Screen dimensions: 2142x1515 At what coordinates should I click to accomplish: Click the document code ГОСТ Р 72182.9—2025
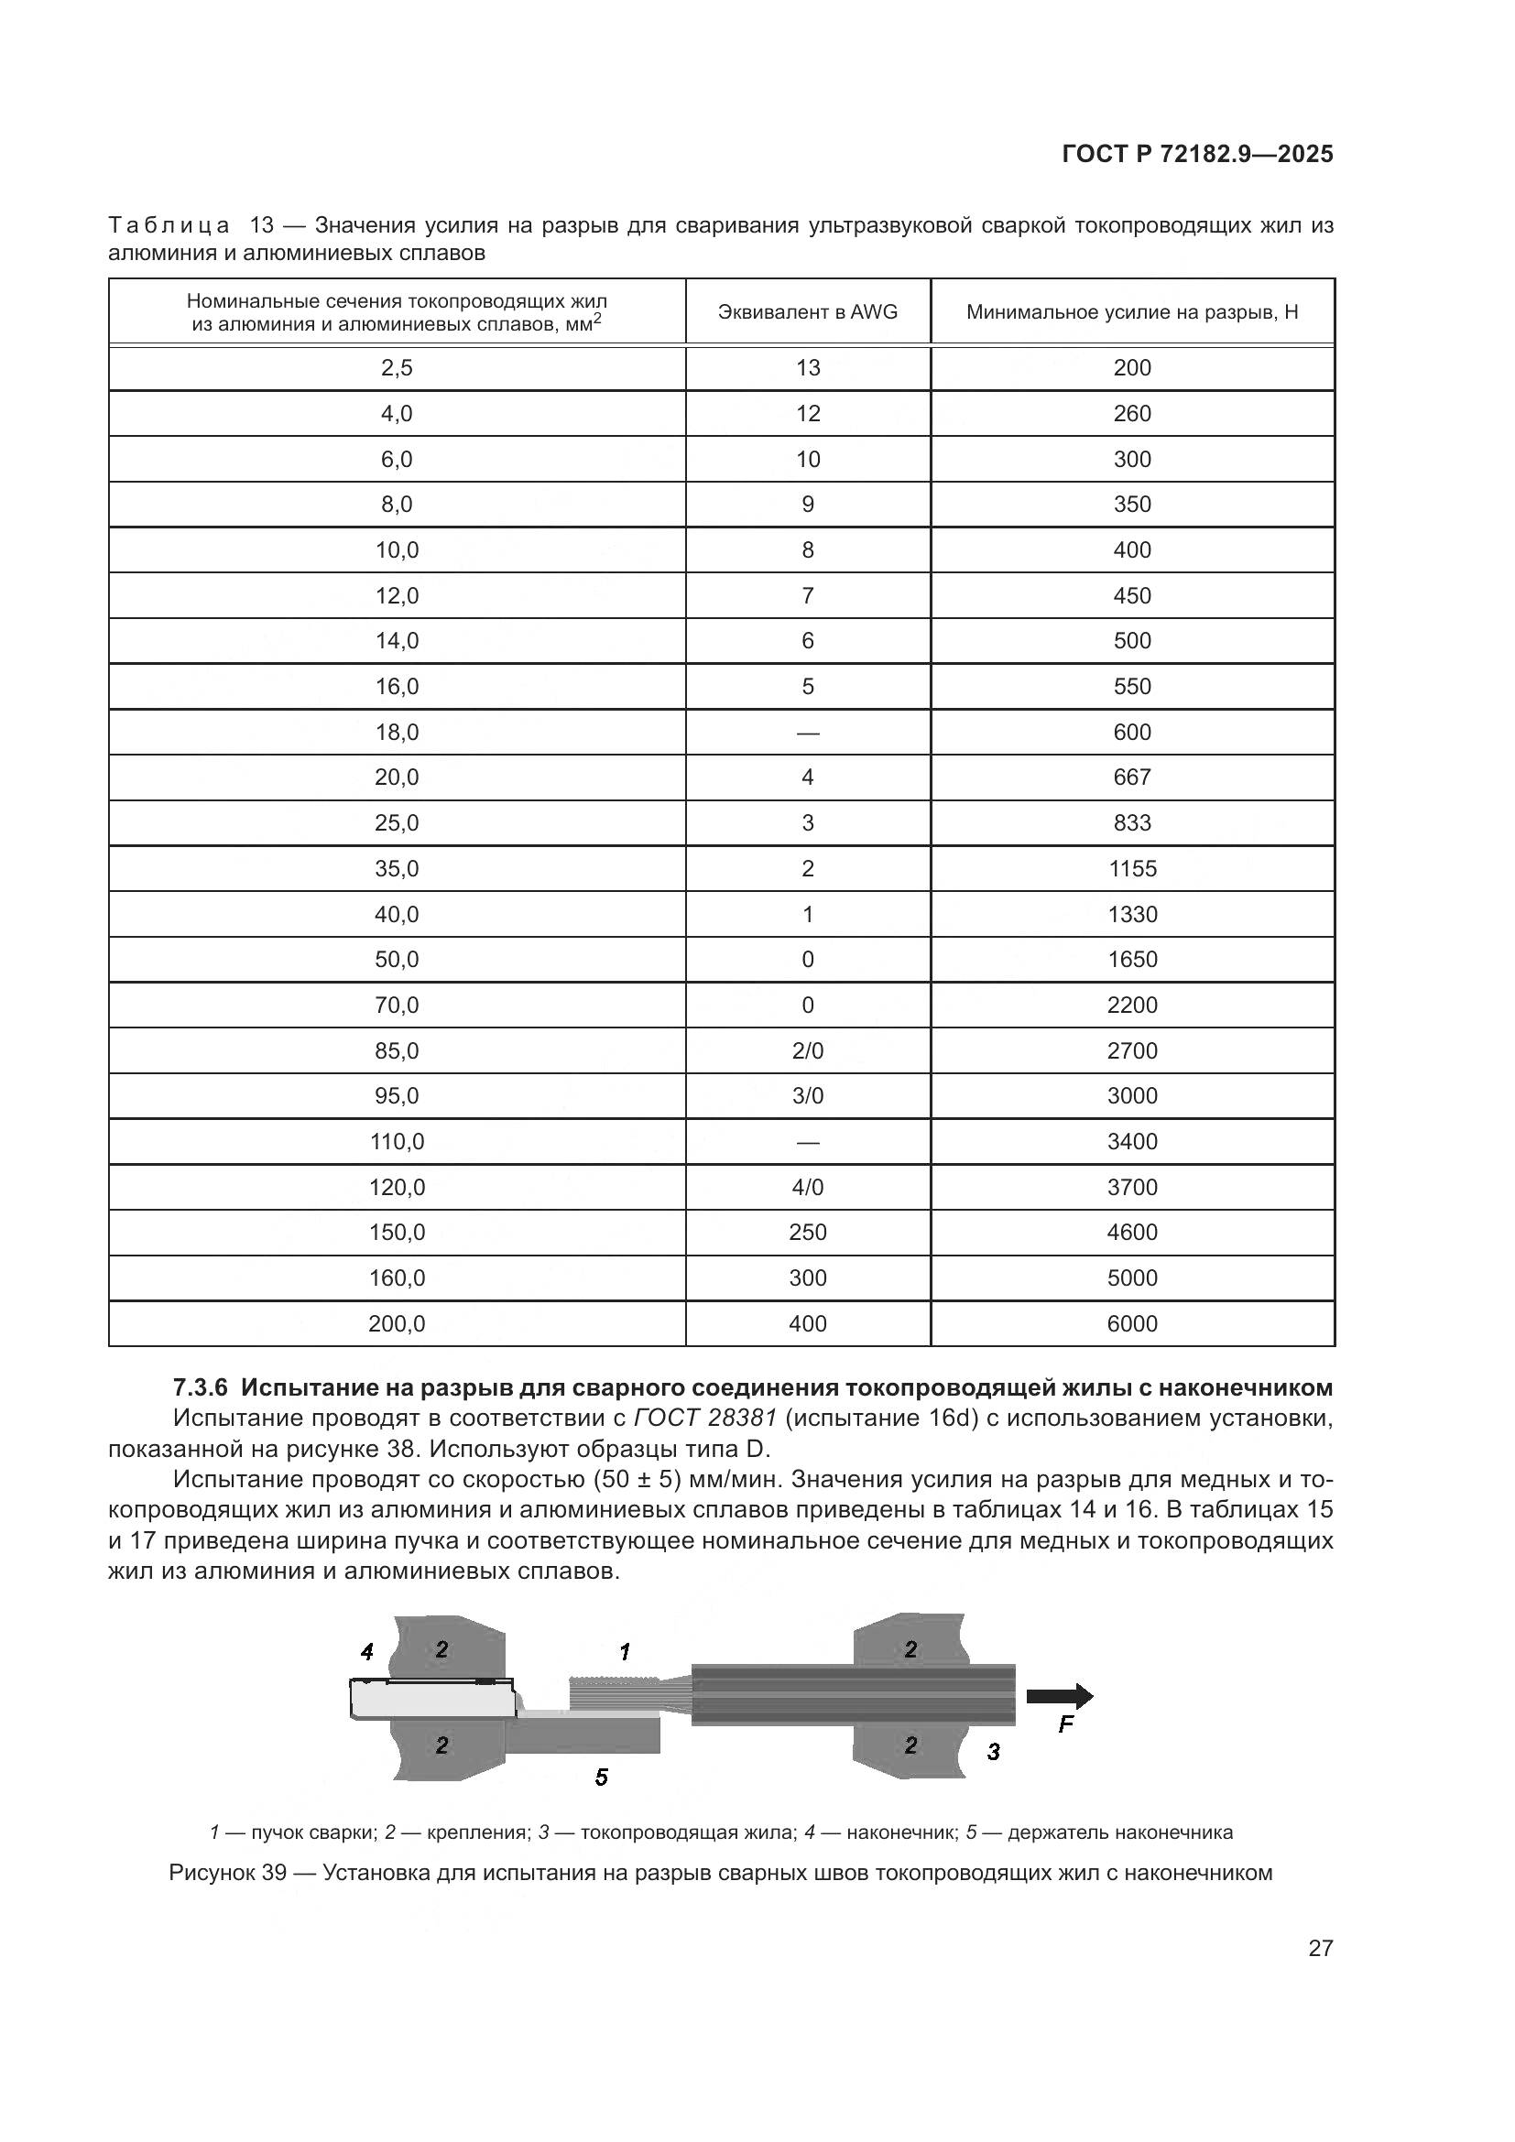[x=1197, y=155]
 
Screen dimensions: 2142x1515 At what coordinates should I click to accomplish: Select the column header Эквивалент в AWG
[x=807, y=312]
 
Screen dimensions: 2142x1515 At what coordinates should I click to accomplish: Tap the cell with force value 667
[x=1131, y=777]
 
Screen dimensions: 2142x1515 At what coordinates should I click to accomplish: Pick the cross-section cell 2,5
[x=397, y=367]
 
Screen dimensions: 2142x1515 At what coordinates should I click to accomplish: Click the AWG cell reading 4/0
[x=807, y=1187]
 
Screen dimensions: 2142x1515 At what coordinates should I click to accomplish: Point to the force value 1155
[x=1131, y=868]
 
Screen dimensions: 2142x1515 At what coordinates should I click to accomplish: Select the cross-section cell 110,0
[x=397, y=1141]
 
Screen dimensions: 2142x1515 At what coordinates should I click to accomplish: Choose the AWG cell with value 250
[x=807, y=1233]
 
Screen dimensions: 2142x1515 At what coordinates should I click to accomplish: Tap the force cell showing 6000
[x=1131, y=1324]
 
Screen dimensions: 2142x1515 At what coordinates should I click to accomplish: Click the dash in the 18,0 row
[x=807, y=733]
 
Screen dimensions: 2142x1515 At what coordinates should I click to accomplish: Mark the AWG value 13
[x=807, y=367]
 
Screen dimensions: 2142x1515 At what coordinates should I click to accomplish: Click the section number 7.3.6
[x=201, y=1388]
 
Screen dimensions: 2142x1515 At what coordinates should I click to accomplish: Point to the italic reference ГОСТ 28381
[x=704, y=1419]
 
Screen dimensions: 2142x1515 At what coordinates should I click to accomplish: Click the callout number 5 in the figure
[x=602, y=1778]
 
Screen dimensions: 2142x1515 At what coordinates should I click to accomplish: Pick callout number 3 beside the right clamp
[x=994, y=1753]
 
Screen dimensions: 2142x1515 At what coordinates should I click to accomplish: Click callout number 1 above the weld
[x=625, y=1653]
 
